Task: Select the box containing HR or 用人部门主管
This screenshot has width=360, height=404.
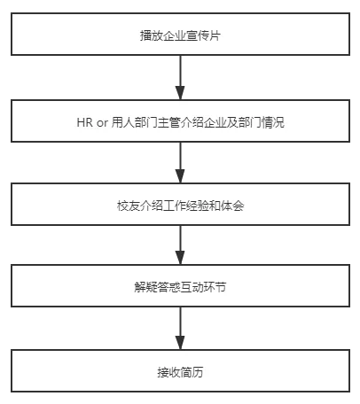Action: tap(180, 121)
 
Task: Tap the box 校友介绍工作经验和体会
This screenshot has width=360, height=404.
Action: tap(180, 205)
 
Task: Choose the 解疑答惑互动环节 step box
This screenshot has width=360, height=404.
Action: tap(180, 289)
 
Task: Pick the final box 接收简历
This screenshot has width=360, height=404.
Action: tap(180, 372)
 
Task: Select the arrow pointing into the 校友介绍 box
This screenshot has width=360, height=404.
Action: tap(180, 163)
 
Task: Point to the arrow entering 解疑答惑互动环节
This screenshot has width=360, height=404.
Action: tap(180, 246)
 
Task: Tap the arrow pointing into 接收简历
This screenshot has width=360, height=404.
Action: tap(180, 330)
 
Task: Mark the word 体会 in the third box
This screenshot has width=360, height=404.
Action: tap(233, 206)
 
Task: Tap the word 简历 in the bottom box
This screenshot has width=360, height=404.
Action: tap(192, 372)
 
